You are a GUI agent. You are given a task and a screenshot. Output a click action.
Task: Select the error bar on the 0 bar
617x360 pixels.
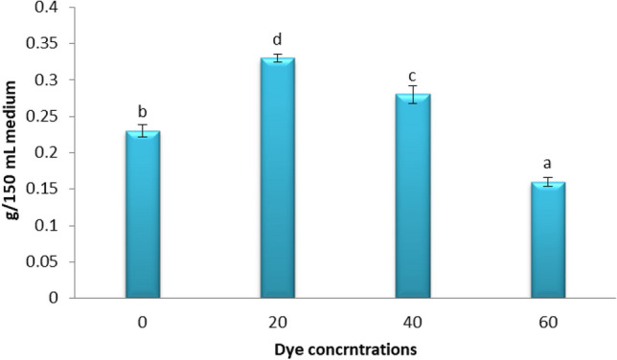(x=143, y=131)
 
